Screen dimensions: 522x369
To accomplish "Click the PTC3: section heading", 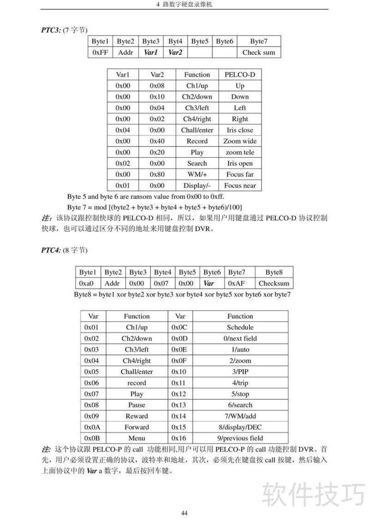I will [x=51, y=30].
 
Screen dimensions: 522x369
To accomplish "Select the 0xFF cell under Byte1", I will [x=100, y=53].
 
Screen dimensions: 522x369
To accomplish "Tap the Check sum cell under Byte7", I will [x=258, y=53].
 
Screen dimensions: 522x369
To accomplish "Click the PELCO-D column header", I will [x=240, y=75].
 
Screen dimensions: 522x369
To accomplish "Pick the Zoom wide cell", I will [x=240, y=141].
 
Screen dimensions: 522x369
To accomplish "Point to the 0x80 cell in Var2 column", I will [x=157, y=174].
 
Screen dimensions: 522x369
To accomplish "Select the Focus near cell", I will [x=240, y=186].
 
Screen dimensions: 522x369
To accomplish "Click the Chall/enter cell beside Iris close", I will [x=197, y=130].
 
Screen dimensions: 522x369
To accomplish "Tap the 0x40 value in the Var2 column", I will [x=157, y=141].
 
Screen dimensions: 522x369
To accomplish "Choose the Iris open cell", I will [x=240, y=163].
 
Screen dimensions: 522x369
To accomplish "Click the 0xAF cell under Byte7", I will [x=237, y=283].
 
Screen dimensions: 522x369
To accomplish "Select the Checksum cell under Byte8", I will [x=274, y=283].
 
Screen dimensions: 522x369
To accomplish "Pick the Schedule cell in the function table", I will [x=240, y=327].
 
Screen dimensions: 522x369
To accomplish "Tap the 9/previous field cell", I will [x=240, y=438].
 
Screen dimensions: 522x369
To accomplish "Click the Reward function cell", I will [x=137, y=416].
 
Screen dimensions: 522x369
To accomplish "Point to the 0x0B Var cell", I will [x=92, y=438].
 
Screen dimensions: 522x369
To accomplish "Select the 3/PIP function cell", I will [x=240, y=372].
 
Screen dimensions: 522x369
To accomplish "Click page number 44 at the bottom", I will [x=184, y=513].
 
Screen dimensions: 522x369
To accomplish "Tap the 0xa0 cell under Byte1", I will [x=86, y=283].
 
